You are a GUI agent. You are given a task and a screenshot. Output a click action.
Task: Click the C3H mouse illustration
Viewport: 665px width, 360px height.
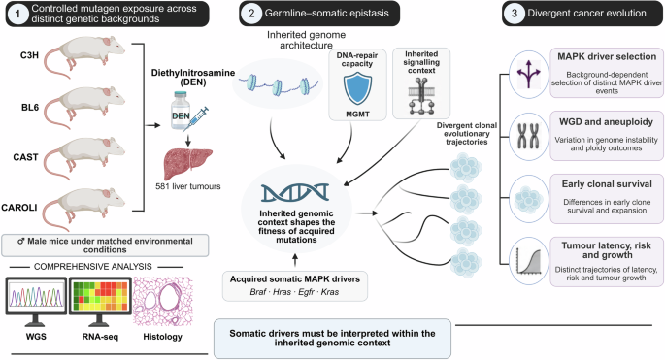click(84, 55)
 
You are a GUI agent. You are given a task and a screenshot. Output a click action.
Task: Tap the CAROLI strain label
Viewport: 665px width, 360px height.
click(19, 208)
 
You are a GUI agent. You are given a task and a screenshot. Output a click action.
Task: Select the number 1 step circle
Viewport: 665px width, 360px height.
click(17, 14)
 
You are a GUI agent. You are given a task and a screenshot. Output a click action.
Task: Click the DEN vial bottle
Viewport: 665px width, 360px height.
click(180, 111)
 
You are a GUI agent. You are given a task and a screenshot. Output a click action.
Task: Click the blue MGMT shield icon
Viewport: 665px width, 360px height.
click(357, 87)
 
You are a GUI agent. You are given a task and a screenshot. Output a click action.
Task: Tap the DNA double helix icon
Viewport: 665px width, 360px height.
click(295, 193)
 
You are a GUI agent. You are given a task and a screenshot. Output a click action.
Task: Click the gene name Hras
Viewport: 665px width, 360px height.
click(282, 292)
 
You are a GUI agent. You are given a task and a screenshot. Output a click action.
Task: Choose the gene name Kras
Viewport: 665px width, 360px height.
click(330, 292)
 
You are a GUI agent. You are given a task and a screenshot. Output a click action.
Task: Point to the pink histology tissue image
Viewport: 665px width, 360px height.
click(163, 302)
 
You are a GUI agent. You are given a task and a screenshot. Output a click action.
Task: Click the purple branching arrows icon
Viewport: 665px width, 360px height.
click(528, 74)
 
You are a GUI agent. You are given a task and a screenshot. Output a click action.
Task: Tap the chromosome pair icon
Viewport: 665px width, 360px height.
click(528, 136)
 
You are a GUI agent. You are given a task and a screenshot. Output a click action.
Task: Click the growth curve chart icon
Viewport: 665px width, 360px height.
click(528, 261)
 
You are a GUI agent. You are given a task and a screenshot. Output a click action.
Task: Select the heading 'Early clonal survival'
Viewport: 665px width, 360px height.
click(607, 184)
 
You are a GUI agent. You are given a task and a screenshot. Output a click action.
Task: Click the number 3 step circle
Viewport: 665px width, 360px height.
click(515, 14)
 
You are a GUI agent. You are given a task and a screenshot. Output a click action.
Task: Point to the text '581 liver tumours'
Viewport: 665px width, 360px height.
click(188, 186)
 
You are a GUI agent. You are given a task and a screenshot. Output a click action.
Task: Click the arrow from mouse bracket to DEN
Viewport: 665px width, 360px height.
click(152, 125)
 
